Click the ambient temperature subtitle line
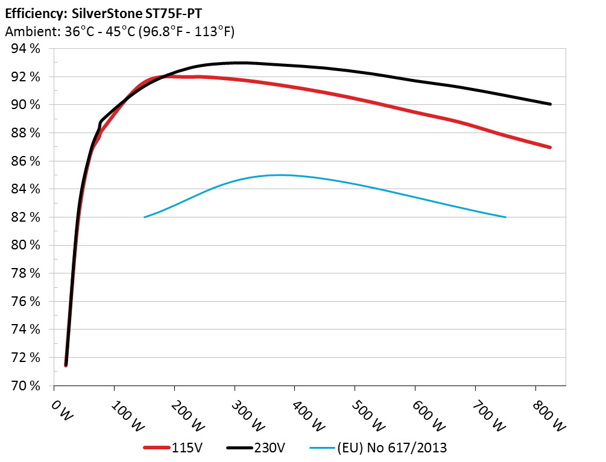pos(119,31)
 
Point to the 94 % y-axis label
pos(25,49)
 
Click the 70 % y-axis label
pos(25,386)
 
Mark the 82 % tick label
pos(25,217)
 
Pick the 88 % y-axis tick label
pos(25,133)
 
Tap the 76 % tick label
pos(25,301)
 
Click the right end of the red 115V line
pos(550,147)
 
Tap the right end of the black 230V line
pos(550,104)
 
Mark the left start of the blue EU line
pos(145,217)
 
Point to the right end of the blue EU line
pos(505,217)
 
